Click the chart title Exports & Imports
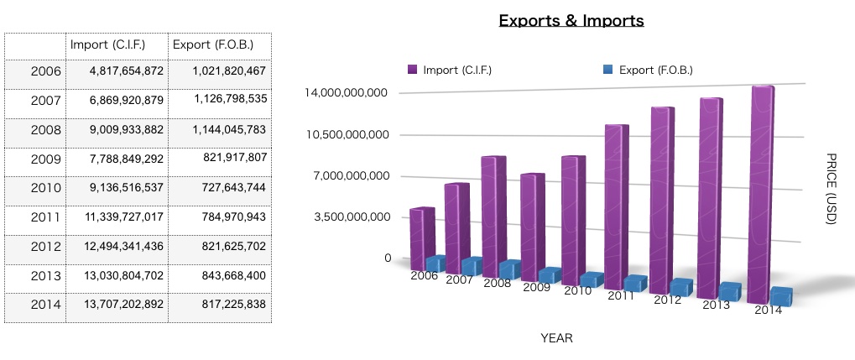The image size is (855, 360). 571,20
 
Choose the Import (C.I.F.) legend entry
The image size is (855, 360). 450,70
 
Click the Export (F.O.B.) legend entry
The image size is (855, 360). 648,70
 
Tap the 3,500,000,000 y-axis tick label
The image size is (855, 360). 349,217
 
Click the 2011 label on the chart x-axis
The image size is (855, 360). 621,295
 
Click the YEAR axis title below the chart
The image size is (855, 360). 556,338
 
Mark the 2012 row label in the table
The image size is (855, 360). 45,247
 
